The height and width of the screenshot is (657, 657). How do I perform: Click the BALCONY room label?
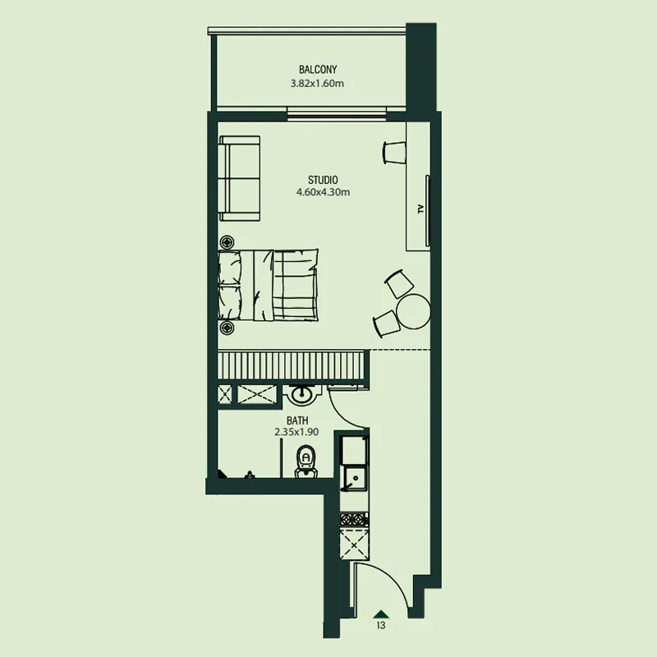point(318,69)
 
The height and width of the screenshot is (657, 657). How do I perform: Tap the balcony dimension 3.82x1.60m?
point(317,84)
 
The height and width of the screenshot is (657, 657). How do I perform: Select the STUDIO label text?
point(323,180)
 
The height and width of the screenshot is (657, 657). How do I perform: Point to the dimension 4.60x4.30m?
point(323,192)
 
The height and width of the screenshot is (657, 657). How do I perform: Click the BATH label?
point(297,420)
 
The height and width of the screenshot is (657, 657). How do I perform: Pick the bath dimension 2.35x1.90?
point(296,432)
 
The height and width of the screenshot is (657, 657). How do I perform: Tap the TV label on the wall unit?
point(420,209)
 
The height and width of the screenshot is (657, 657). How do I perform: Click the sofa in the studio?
point(240,178)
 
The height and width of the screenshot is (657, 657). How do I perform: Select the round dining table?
point(414,312)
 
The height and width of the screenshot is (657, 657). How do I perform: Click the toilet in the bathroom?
point(306,462)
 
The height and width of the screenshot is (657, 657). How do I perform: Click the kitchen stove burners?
point(354,520)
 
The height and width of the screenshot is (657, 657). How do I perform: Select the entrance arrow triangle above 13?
point(381,614)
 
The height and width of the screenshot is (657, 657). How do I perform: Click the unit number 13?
point(381,625)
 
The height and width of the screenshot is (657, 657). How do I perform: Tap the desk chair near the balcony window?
point(394,153)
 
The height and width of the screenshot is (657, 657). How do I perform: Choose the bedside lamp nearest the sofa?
point(227,242)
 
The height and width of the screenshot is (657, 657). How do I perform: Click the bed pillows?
point(230,285)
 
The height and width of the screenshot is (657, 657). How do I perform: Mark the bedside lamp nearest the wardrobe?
point(227,328)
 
